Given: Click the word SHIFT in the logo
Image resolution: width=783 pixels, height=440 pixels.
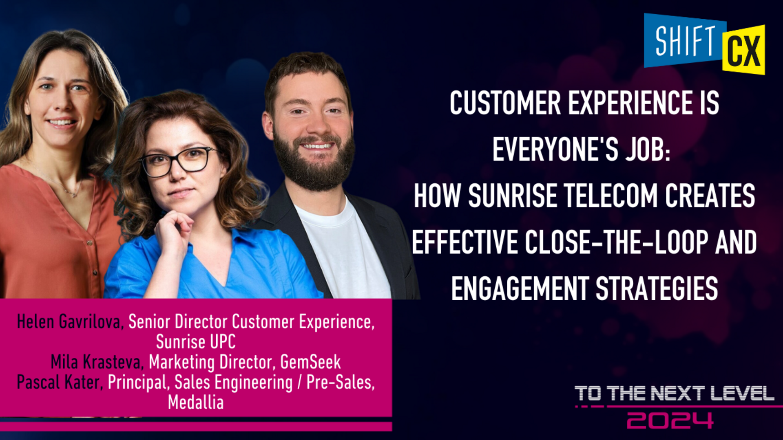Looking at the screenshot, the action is (x=685, y=41).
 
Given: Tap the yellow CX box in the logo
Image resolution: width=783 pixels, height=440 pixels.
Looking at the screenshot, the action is (x=743, y=50).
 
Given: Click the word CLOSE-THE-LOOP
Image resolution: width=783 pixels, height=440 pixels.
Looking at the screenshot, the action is (x=616, y=242).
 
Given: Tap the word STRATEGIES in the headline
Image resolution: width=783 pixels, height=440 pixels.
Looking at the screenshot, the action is (x=657, y=288).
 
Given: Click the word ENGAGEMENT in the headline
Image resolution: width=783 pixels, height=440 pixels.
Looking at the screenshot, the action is (x=520, y=288).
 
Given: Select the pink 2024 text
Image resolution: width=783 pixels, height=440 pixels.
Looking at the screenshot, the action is (x=670, y=420).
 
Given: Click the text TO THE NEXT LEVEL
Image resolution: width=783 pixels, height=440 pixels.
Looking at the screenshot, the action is (x=675, y=394).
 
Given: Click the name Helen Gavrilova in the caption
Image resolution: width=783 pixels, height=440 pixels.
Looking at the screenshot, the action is (x=69, y=322).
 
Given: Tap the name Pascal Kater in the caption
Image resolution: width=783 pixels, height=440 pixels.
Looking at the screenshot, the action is (x=60, y=382).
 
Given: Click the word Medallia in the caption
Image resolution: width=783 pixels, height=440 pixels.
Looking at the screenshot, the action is (x=196, y=402).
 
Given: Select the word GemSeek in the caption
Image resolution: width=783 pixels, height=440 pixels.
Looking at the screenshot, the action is (x=310, y=362).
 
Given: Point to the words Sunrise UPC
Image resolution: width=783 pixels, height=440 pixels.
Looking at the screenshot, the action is (x=196, y=341).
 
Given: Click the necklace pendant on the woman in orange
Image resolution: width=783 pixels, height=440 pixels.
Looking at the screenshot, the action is (x=74, y=194).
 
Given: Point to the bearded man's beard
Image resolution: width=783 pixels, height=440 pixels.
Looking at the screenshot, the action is (x=314, y=163).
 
